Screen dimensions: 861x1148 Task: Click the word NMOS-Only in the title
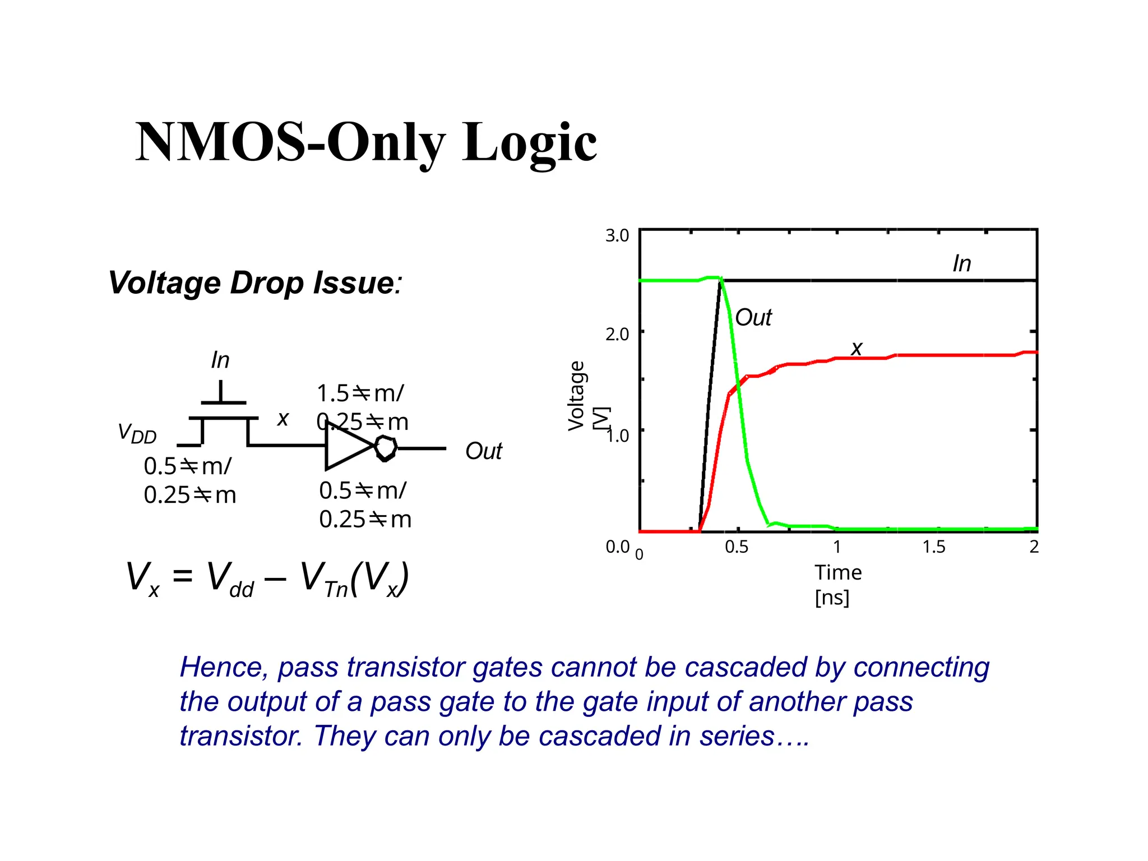pos(292,142)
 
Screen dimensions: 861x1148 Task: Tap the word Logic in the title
pos(529,143)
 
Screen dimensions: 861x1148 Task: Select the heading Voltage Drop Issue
pos(254,283)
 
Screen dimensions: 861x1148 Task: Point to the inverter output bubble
pos(386,448)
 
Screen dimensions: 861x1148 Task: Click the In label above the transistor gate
pos(220,360)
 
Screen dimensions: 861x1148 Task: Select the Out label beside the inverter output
pos(483,451)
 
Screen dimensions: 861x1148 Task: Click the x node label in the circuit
pos(283,419)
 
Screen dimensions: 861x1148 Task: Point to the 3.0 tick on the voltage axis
pos(617,235)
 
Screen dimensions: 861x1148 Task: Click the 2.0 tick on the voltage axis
pos(617,334)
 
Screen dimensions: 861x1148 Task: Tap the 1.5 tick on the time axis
pos(934,547)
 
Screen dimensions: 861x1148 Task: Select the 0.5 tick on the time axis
pos(736,547)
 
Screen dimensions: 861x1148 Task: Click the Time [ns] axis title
pos(837,584)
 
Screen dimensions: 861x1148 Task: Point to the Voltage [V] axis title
pos(583,396)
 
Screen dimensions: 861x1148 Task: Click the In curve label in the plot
pos(961,263)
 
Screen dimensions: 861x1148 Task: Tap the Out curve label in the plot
pos(753,318)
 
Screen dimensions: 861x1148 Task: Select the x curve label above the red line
pos(856,349)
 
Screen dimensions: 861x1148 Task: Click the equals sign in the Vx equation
pos(183,576)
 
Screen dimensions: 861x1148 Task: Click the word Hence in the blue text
pos(224,668)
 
